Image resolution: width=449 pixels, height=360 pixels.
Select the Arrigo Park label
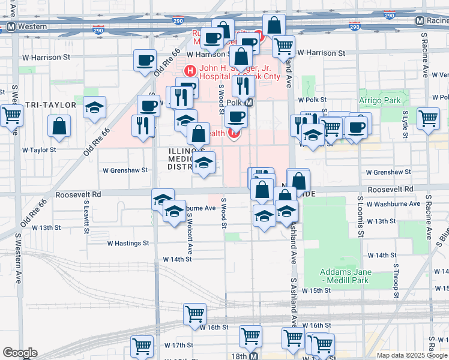379,100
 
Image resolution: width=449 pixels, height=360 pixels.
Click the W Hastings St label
128,243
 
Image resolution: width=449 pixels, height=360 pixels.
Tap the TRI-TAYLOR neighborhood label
38,105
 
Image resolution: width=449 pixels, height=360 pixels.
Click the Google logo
20,353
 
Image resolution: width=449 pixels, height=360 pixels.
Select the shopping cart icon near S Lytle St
428,118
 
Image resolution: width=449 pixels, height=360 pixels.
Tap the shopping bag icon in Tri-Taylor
59,126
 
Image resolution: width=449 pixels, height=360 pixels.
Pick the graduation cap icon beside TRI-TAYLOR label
94,107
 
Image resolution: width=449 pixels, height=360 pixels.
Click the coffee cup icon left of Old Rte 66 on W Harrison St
145,61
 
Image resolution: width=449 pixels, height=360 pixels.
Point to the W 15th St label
316,290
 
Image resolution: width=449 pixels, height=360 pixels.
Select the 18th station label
238,356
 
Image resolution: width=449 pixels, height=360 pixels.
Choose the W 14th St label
177,259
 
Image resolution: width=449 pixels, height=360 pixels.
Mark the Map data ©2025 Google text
411,355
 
